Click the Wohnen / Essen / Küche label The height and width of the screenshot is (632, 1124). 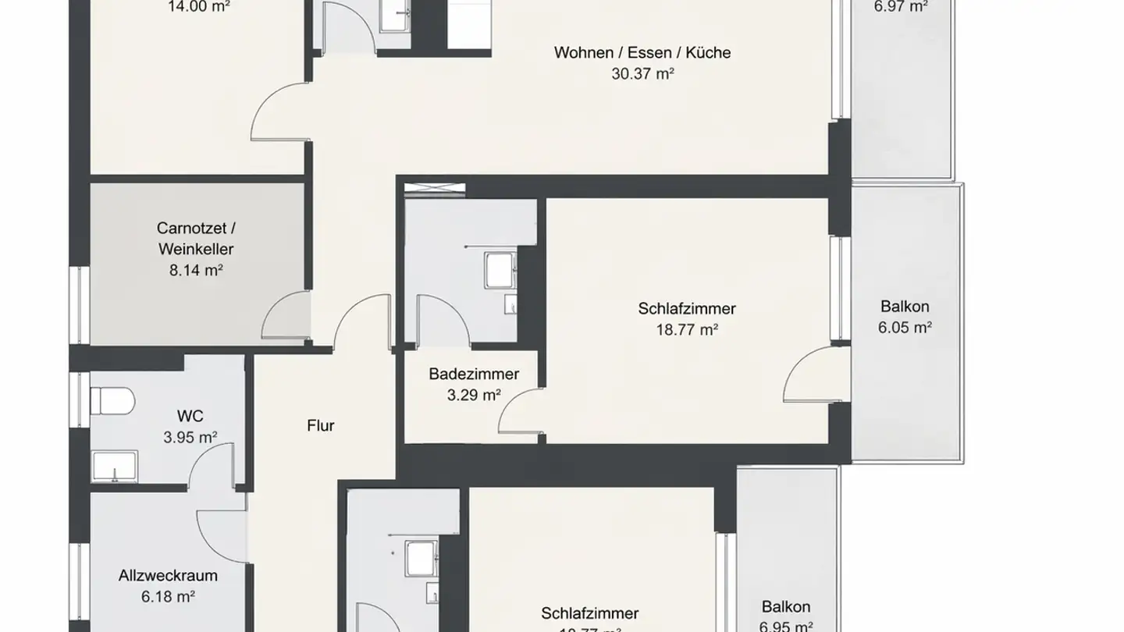coord(642,53)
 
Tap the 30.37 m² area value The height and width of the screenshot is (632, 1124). coord(642,74)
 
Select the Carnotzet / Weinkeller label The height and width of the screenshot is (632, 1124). coord(196,239)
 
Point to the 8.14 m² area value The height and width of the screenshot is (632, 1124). coord(196,271)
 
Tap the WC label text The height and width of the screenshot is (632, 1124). coord(190,417)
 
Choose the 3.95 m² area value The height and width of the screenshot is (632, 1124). coord(190,438)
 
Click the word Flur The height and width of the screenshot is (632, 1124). coord(321,426)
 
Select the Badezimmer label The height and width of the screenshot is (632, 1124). coord(474,375)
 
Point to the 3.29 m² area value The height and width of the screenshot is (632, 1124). coord(474,396)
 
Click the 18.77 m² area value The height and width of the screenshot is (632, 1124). coord(687,330)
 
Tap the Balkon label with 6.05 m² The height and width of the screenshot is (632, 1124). coord(905,307)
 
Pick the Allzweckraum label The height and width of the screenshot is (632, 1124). coord(168,576)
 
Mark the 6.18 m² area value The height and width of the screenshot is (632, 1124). coord(168,597)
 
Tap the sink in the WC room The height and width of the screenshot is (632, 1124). coord(114,467)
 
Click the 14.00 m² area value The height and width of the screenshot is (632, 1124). coord(199,7)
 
